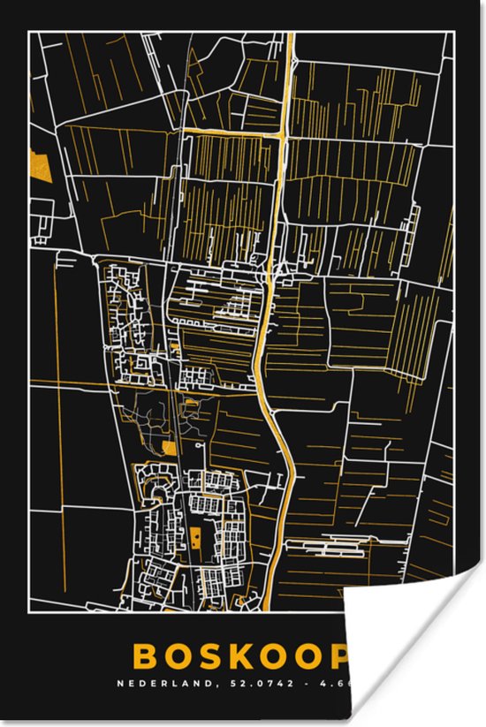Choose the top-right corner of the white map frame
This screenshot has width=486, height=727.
click(x=454, y=32)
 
